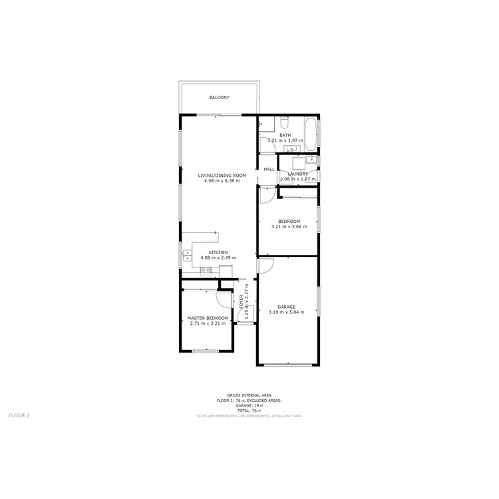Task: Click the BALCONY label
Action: [x=219, y=98]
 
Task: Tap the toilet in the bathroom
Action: [x=283, y=123]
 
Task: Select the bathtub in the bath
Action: [x=311, y=132]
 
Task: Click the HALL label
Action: [x=269, y=169]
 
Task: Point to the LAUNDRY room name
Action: [x=297, y=174]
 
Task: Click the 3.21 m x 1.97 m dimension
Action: [x=285, y=140]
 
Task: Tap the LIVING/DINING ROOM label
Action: [x=222, y=175]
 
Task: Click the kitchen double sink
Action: [x=187, y=254]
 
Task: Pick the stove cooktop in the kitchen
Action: [x=206, y=269]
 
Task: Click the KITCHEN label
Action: [x=218, y=252]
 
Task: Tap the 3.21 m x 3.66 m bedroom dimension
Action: [x=289, y=226]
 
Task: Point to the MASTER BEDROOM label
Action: [x=208, y=318]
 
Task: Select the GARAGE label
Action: [x=286, y=307]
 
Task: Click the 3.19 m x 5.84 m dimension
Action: [x=286, y=312]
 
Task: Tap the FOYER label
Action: [x=241, y=301]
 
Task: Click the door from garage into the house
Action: [x=263, y=264]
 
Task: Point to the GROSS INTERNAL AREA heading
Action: [x=249, y=395]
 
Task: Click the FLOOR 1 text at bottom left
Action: [x=19, y=415]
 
